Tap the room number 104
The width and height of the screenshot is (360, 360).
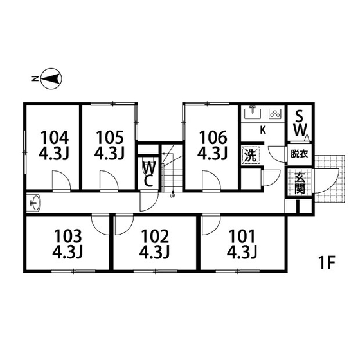[55, 138]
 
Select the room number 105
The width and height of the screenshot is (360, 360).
[110, 138]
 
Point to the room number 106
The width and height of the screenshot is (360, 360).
[213, 138]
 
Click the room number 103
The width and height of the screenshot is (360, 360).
[68, 237]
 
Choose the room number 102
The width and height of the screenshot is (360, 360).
[155, 237]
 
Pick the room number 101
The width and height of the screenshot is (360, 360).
[242, 237]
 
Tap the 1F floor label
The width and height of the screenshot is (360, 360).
[327, 262]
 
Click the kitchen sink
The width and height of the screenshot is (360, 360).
[253, 113]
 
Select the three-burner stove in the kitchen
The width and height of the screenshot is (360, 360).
[275, 114]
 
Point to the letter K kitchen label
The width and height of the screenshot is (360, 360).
[263, 130]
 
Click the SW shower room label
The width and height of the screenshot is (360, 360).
[300, 123]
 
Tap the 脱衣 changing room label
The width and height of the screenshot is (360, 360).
[299, 154]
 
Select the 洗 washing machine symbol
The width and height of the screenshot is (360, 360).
[250, 156]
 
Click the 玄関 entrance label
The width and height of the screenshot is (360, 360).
[300, 183]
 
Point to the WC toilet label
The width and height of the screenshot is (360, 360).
[148, 174]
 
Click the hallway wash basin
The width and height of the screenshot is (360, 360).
[35, 203]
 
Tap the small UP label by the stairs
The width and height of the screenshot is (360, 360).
[172, 196]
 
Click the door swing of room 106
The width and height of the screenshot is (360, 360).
[212, 180]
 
